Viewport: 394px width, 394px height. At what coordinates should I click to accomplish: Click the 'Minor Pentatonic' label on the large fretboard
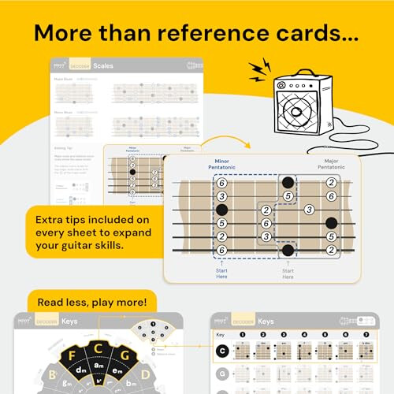point(222,164)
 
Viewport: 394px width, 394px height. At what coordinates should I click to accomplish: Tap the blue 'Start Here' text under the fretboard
point(222,273)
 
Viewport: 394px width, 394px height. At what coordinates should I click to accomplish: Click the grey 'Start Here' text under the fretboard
point(288,273)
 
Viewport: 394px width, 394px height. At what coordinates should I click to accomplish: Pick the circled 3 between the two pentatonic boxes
point(309,210)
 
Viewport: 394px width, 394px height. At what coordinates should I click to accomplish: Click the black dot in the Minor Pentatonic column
point(222,210)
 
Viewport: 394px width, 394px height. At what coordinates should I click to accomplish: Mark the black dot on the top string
point(288,183)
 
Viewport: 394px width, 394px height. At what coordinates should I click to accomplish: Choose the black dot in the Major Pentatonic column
point(331,223)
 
